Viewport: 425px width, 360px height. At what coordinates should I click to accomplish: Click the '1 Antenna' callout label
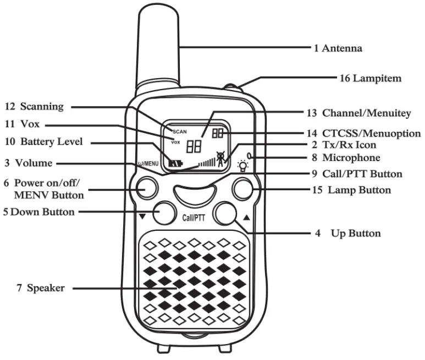(x=338, y=48)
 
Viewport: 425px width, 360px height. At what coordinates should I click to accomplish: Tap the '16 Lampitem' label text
(x=370, y=79)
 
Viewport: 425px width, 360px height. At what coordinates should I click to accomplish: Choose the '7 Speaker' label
(x=42, y=287)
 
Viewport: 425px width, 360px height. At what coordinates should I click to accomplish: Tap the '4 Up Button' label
(x=347, y=234)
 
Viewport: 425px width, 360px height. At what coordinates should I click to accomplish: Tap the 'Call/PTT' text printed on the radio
(x=194, y=217)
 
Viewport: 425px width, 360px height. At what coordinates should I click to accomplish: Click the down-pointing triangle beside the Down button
(x=142, y=217)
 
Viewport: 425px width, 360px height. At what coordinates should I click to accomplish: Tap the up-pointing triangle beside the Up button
(x=246, y=217)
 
